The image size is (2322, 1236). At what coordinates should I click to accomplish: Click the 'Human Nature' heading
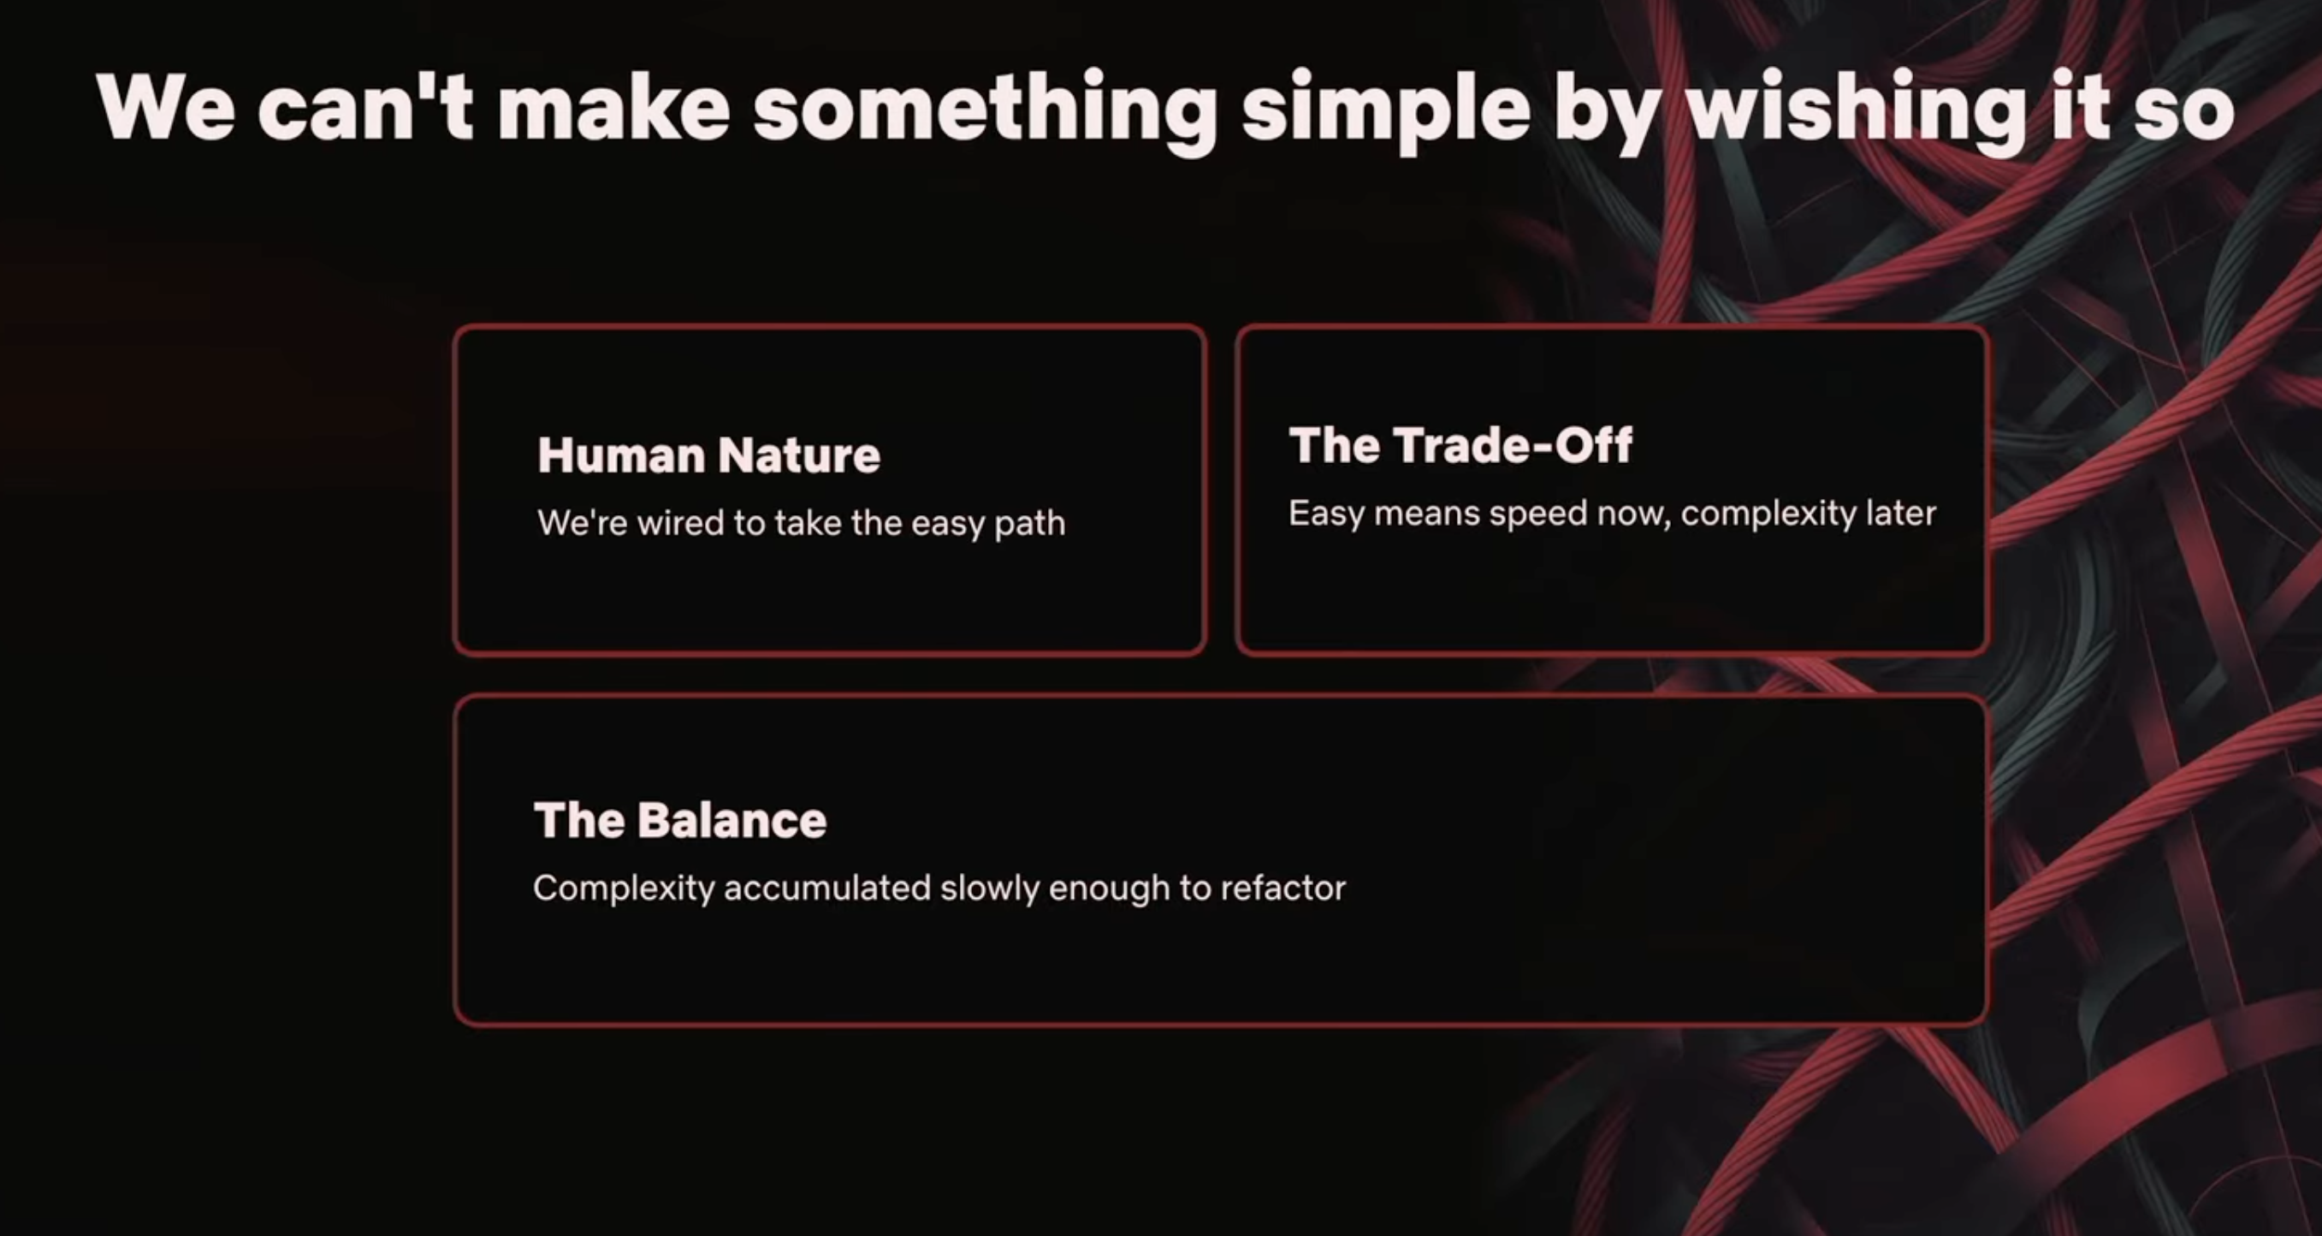708,455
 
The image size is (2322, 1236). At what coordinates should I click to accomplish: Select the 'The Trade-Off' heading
1460,444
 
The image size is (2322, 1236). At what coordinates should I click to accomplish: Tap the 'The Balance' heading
679,819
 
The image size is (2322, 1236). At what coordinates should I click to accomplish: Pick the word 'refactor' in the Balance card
1282,888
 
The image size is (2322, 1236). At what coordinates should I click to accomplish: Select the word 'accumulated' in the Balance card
827,888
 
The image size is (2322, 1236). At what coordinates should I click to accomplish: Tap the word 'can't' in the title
365,105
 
